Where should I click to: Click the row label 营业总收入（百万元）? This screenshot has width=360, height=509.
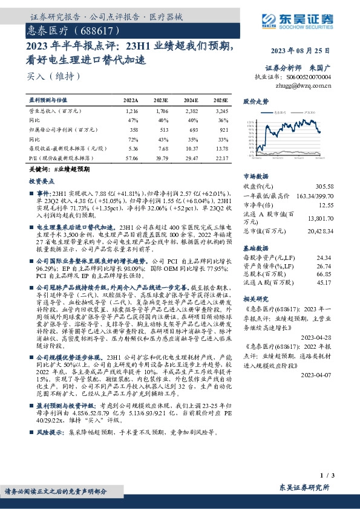(x=51, y=112)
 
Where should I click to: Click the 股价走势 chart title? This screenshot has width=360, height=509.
(x=255, y=102)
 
